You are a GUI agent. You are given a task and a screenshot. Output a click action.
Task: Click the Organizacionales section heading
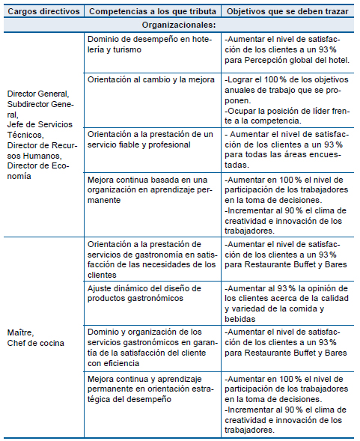pos(179,25)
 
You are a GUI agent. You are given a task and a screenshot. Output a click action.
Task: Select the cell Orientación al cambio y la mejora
pos(147,79)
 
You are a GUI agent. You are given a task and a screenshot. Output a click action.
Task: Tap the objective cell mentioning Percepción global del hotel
pos(288,49)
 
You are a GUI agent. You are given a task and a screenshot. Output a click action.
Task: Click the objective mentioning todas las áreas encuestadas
pos(288,149)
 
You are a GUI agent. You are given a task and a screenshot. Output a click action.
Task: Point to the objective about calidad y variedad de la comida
pos(288,303)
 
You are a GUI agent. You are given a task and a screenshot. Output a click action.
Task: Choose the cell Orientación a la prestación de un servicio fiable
pos(150,139)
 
